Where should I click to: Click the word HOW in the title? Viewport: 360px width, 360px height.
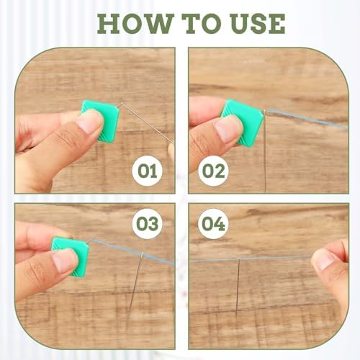point(135,24)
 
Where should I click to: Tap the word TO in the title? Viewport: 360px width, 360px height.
point(202,24)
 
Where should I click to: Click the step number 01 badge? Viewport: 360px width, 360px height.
point(147,171)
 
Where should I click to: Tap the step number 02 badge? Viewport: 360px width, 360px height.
point(213,171)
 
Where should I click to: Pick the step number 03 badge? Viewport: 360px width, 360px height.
point(147,224)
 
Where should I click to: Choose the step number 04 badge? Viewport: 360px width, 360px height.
point(213,224)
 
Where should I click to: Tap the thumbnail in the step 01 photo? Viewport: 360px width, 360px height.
point(89,123)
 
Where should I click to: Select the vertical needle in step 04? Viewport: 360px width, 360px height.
point(238,287)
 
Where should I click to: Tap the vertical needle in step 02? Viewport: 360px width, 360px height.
point(265,151)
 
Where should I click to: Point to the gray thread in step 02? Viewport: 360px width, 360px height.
point(307,119)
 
